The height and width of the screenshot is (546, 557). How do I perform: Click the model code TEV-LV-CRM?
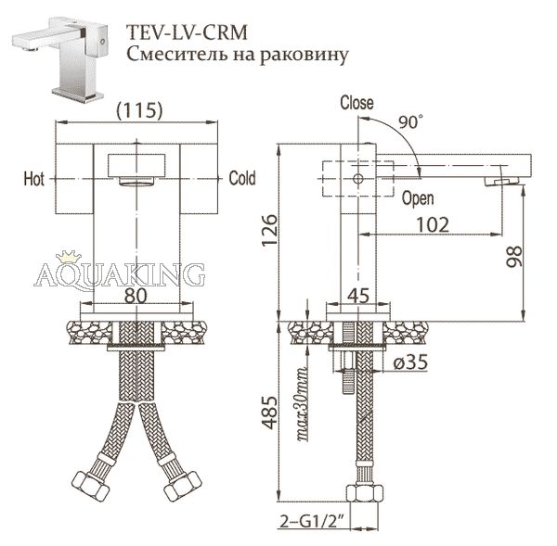(x=187, y=32)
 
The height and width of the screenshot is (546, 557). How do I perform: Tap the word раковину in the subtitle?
(x=304, y=56)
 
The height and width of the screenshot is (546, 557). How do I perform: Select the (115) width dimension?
(x=139, y=110)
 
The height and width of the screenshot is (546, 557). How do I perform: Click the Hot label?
(x=34, y=179)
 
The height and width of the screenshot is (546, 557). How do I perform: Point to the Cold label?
(x=242, y=178)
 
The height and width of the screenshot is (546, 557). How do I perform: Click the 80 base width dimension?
(x=136, y=295)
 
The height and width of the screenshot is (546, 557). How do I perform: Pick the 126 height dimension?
(x=269, y=230)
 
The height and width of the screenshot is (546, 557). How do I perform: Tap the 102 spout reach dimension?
(x=433, y=224)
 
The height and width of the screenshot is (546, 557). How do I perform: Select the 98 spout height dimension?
(x=513, y=256)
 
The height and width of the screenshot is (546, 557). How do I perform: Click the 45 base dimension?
(x=358, y=295)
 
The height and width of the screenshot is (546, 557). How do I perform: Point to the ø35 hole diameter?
(x=411, y=362)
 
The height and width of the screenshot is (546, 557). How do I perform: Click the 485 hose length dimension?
(x=269, y=413)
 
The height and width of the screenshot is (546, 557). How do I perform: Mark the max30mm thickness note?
(x=302, y=404)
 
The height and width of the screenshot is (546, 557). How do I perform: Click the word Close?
(x=357, y=103)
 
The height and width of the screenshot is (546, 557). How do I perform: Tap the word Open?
(x=418, y=198)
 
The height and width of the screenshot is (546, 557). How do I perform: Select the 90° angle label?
(x=410, y=121)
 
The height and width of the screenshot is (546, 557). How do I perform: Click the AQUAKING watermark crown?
(x=69, y=257)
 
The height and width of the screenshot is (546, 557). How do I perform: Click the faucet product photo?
(x=60, y=58)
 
